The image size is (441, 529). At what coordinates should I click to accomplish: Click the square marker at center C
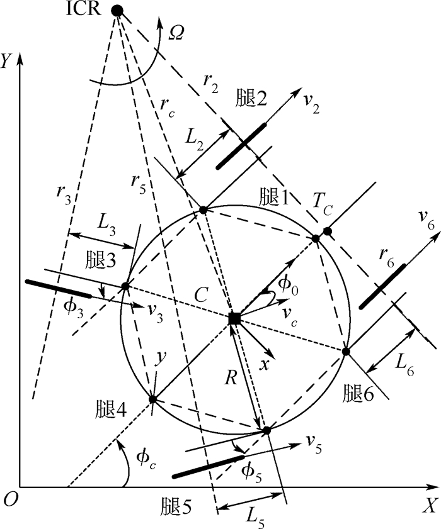tap(234, 319)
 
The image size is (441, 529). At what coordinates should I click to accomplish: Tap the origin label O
tap(9, 499)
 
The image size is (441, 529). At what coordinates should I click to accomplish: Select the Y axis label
tap(8, 60)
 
